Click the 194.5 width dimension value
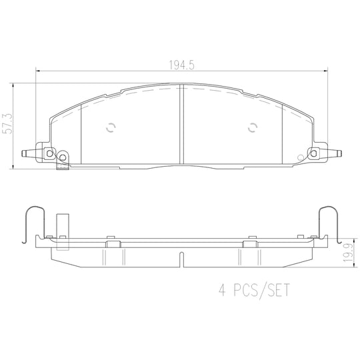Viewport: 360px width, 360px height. click(x=181, y=65)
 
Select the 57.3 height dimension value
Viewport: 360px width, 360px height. click(x=7, y=123)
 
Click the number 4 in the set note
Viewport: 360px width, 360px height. click(x=222, y=290)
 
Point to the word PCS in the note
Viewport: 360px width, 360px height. click(x=245, y=290)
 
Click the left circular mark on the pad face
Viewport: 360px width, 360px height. click(x=111, y=127)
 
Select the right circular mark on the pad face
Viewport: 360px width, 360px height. click(x=253, y=127)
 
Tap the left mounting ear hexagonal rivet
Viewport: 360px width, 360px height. click(x=49, y=153)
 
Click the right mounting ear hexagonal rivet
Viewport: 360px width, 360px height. click(x=313, y=153)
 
